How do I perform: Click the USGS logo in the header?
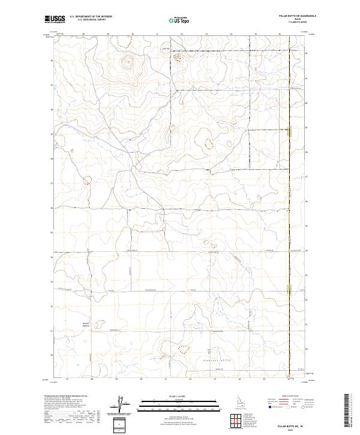(x=56, y=20)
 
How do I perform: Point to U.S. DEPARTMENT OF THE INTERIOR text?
(x=91, y=17)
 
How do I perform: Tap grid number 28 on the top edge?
(x=83, y=34)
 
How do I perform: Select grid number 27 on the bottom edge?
(x=67, y=379)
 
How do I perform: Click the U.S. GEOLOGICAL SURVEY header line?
(x=91, y=20)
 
